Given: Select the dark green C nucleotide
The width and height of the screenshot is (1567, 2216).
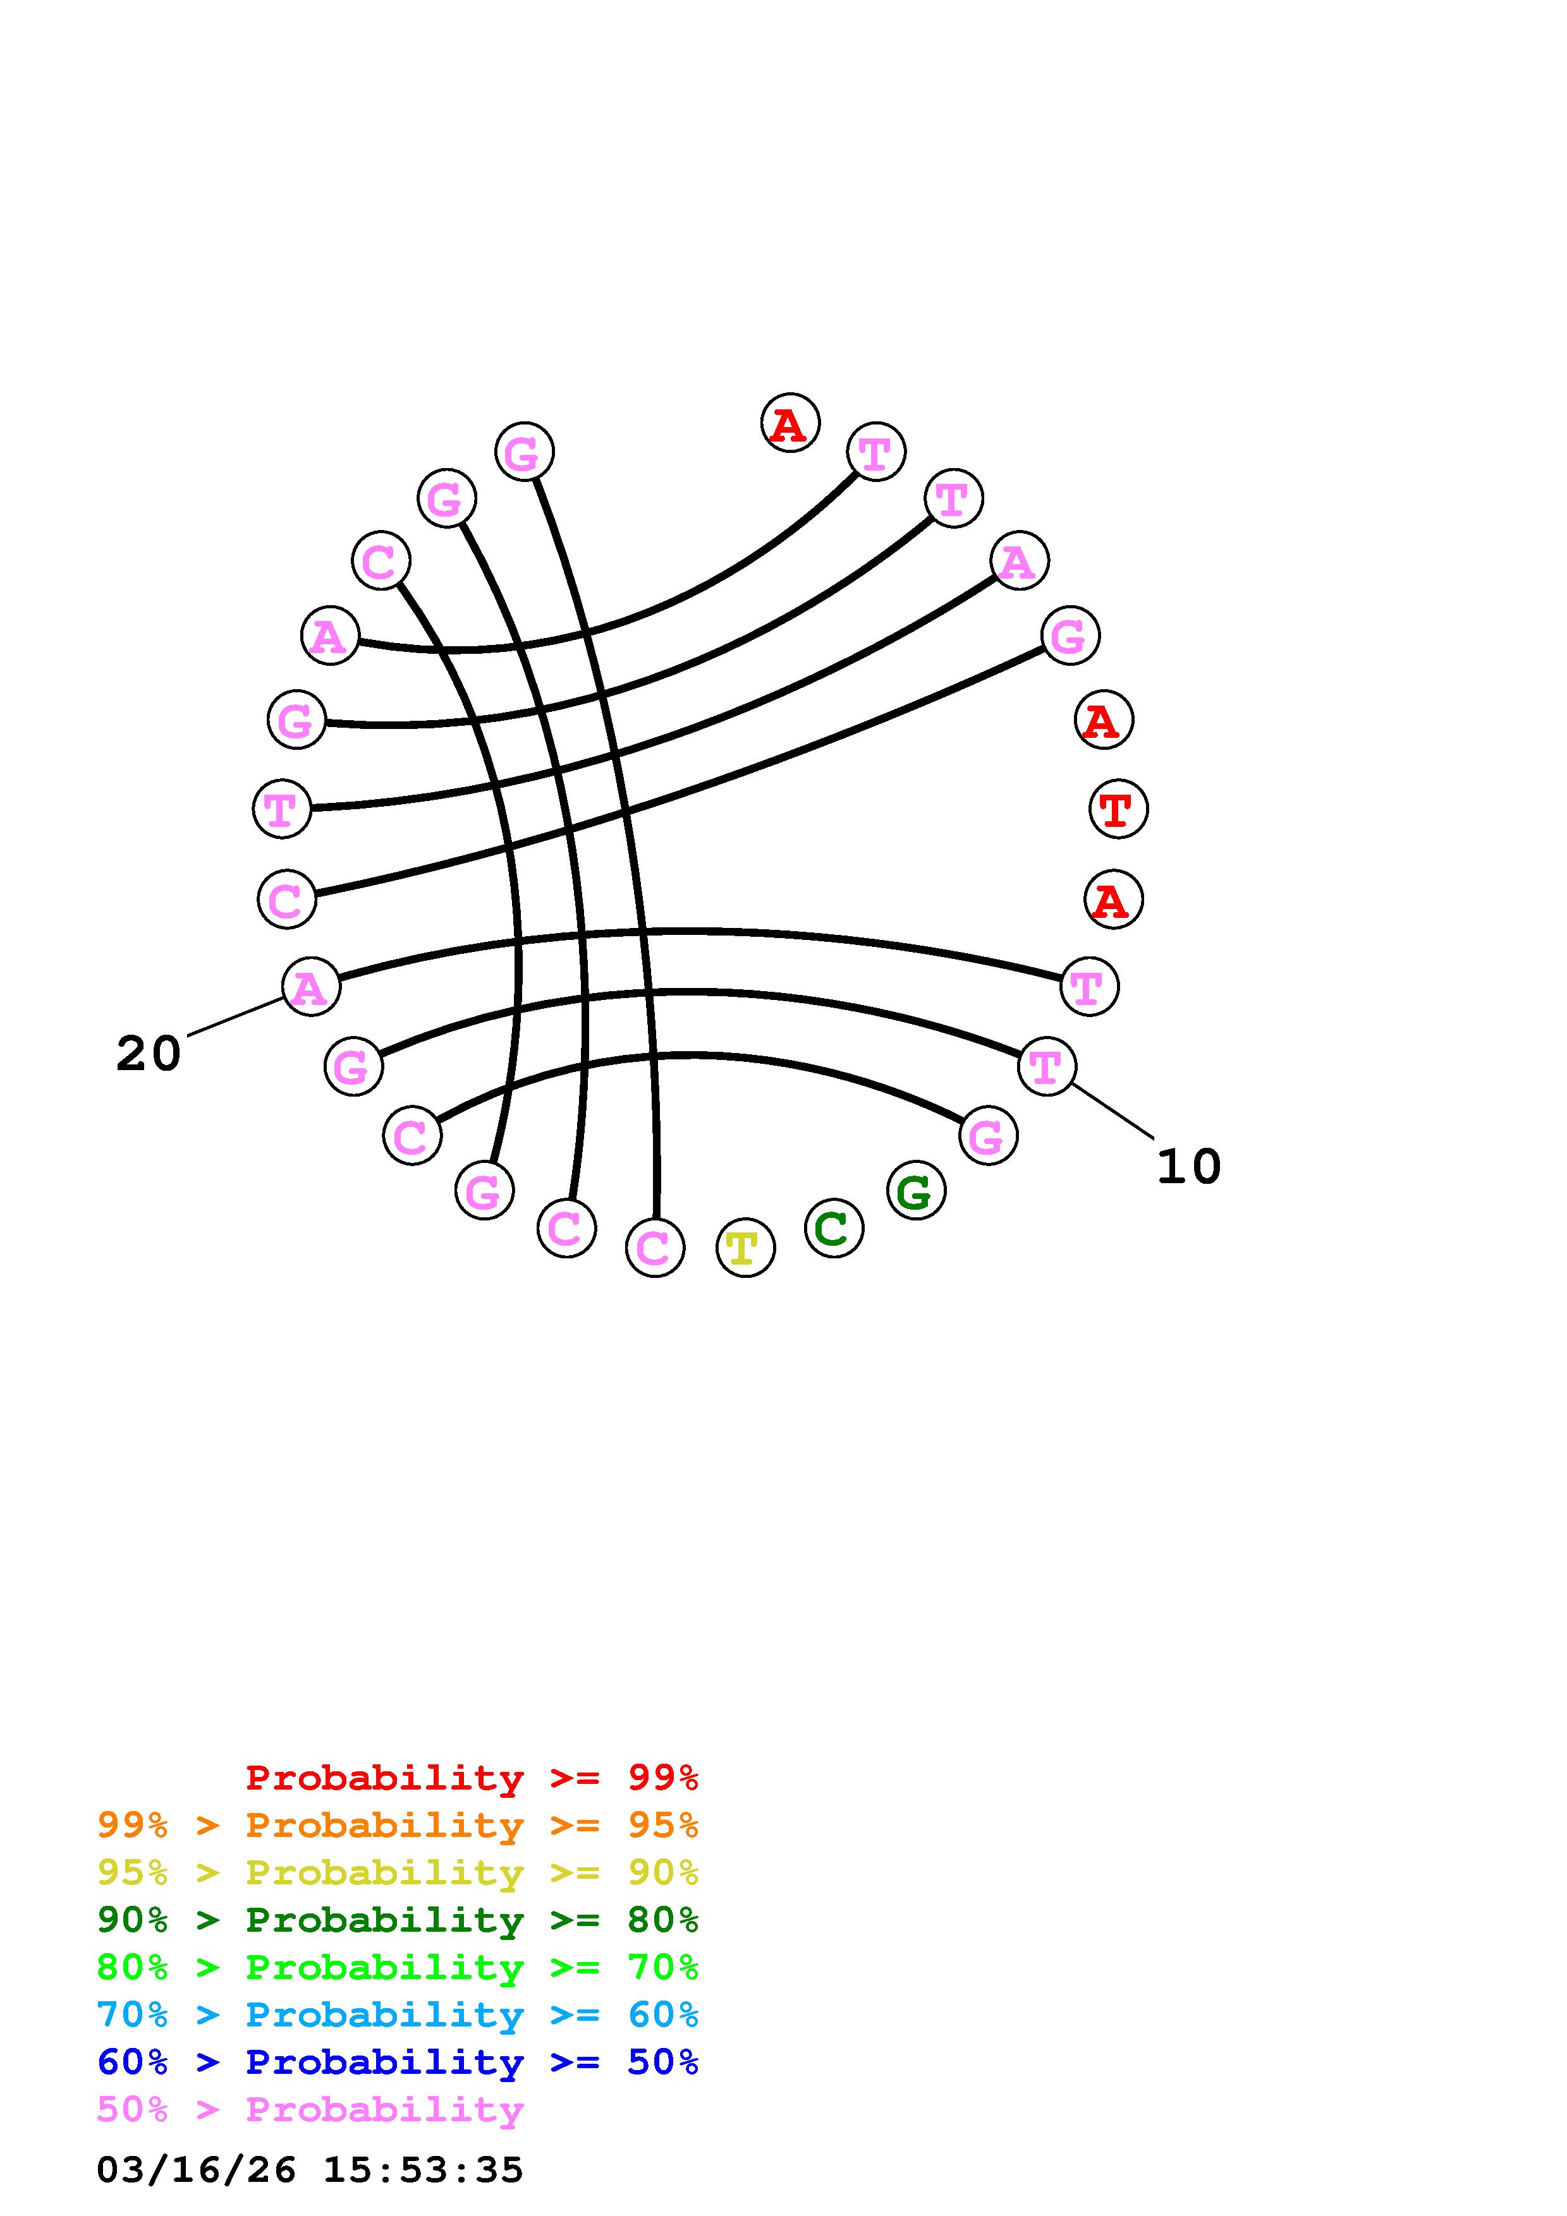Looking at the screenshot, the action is coord(833,1227).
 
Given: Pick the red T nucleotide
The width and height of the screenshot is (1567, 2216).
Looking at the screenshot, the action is coord(1118,809).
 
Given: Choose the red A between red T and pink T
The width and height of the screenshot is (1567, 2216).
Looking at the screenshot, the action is coord(1113,900).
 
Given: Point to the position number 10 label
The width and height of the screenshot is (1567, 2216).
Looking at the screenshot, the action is coord(1188,1166).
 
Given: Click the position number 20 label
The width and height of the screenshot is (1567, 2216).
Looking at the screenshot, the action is coord(148,1053).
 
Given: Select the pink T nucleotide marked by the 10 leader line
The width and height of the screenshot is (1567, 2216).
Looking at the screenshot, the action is coord(1047,1066).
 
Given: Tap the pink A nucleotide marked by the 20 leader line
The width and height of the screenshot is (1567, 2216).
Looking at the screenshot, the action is coord(311,986).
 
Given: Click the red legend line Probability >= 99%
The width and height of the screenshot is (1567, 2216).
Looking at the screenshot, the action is coord(472,1778).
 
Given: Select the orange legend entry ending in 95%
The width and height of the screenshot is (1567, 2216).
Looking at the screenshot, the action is coord(398,1825).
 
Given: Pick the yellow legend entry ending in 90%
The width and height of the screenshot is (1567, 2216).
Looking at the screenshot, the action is coord(398,1872).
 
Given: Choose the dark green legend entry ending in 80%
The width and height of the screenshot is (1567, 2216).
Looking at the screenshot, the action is coord(398,1920).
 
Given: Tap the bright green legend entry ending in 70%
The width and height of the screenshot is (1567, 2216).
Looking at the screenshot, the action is coord(398,1967).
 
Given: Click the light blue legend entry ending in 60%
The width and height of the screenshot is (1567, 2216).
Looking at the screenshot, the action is coord(398,2014).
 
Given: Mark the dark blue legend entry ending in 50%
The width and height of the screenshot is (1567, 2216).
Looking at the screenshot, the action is coord(398,2062).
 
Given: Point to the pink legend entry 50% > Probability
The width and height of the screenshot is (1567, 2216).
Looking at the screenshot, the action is coord(310,2109).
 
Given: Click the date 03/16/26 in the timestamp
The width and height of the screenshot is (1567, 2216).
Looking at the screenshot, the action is coord(196,2170).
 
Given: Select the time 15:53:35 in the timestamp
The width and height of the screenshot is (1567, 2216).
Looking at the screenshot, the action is coord(423,2170).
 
